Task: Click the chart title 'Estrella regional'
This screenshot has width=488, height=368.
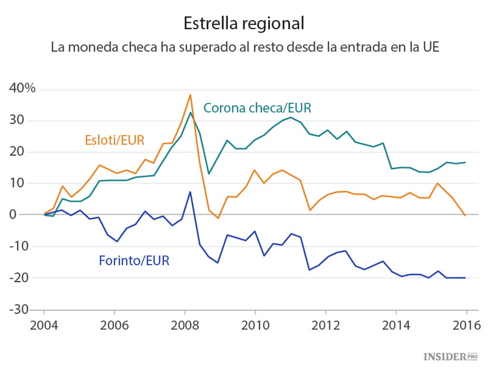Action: [244, 23]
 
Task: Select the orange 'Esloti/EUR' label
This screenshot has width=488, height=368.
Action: [114, 139]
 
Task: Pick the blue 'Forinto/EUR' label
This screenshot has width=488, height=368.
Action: [134, 261]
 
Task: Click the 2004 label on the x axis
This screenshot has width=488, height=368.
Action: [44, 325]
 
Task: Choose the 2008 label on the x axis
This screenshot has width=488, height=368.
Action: [185, 325]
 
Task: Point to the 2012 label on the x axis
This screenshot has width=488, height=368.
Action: [325, 325]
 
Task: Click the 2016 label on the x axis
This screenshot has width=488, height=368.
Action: [466, 325]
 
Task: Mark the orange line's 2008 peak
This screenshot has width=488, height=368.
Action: [190, 95]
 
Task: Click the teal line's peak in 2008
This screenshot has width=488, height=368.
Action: [190, 112]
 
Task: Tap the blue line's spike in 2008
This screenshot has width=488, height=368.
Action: [189, 192]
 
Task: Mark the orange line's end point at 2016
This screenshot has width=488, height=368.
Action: [465, 215]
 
